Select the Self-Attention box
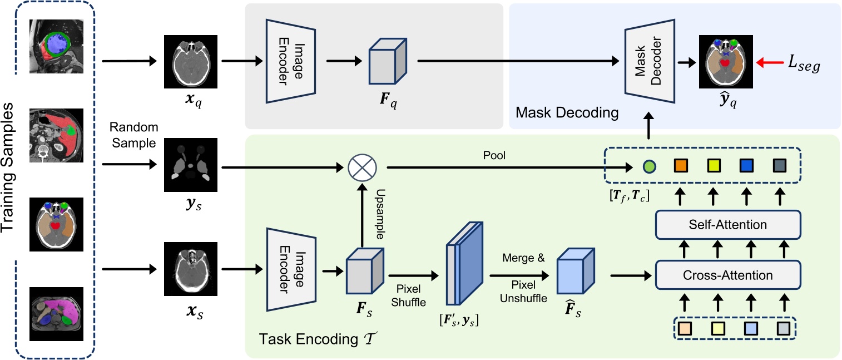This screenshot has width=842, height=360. click(727, 225)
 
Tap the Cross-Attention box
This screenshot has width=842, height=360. click(727, 275)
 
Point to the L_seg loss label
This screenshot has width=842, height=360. click(801, 65)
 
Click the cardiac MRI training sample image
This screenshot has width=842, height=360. click(55, 47)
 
